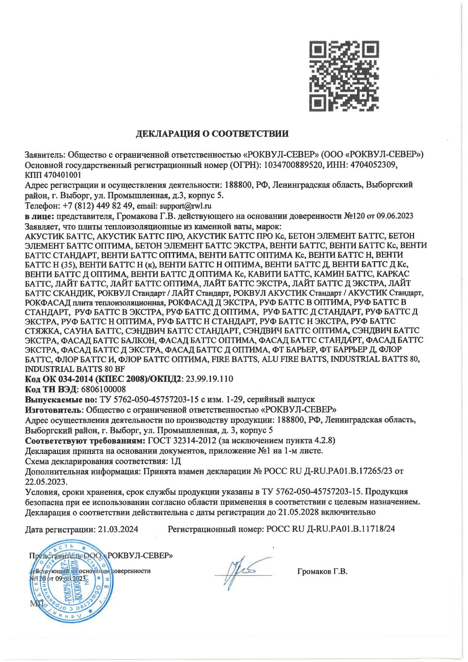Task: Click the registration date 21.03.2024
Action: pos(118,529)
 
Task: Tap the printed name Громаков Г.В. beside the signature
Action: pos(322,571)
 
